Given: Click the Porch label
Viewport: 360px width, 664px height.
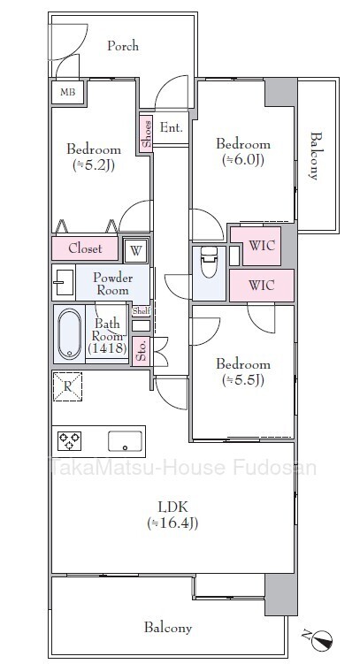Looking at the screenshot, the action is coord(123,46).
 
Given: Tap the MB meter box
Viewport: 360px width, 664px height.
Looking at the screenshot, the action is coord(68,92).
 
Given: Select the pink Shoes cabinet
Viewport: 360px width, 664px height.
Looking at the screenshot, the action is coord(147,134).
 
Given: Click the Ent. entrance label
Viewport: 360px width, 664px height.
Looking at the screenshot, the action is coord(171,127).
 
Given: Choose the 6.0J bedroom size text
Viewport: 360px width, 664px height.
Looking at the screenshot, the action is coord(243,160).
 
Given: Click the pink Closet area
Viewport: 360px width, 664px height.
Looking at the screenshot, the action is coord(85,248).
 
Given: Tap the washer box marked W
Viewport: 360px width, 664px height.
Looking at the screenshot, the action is coord(135,251).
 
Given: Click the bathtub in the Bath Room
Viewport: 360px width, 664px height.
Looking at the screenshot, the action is coord(70,334).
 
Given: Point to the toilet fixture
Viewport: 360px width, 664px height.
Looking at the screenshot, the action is coord(209,263).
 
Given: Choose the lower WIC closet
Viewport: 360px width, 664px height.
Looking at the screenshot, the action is coord(261,286).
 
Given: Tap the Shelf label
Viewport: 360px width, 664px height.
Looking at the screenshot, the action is coord(141,311).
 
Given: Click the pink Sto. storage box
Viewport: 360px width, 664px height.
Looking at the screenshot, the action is coord(142,351).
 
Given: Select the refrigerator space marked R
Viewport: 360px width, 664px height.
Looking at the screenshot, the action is coord(67,386).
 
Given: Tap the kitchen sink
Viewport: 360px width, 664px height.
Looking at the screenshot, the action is coord(125,442).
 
